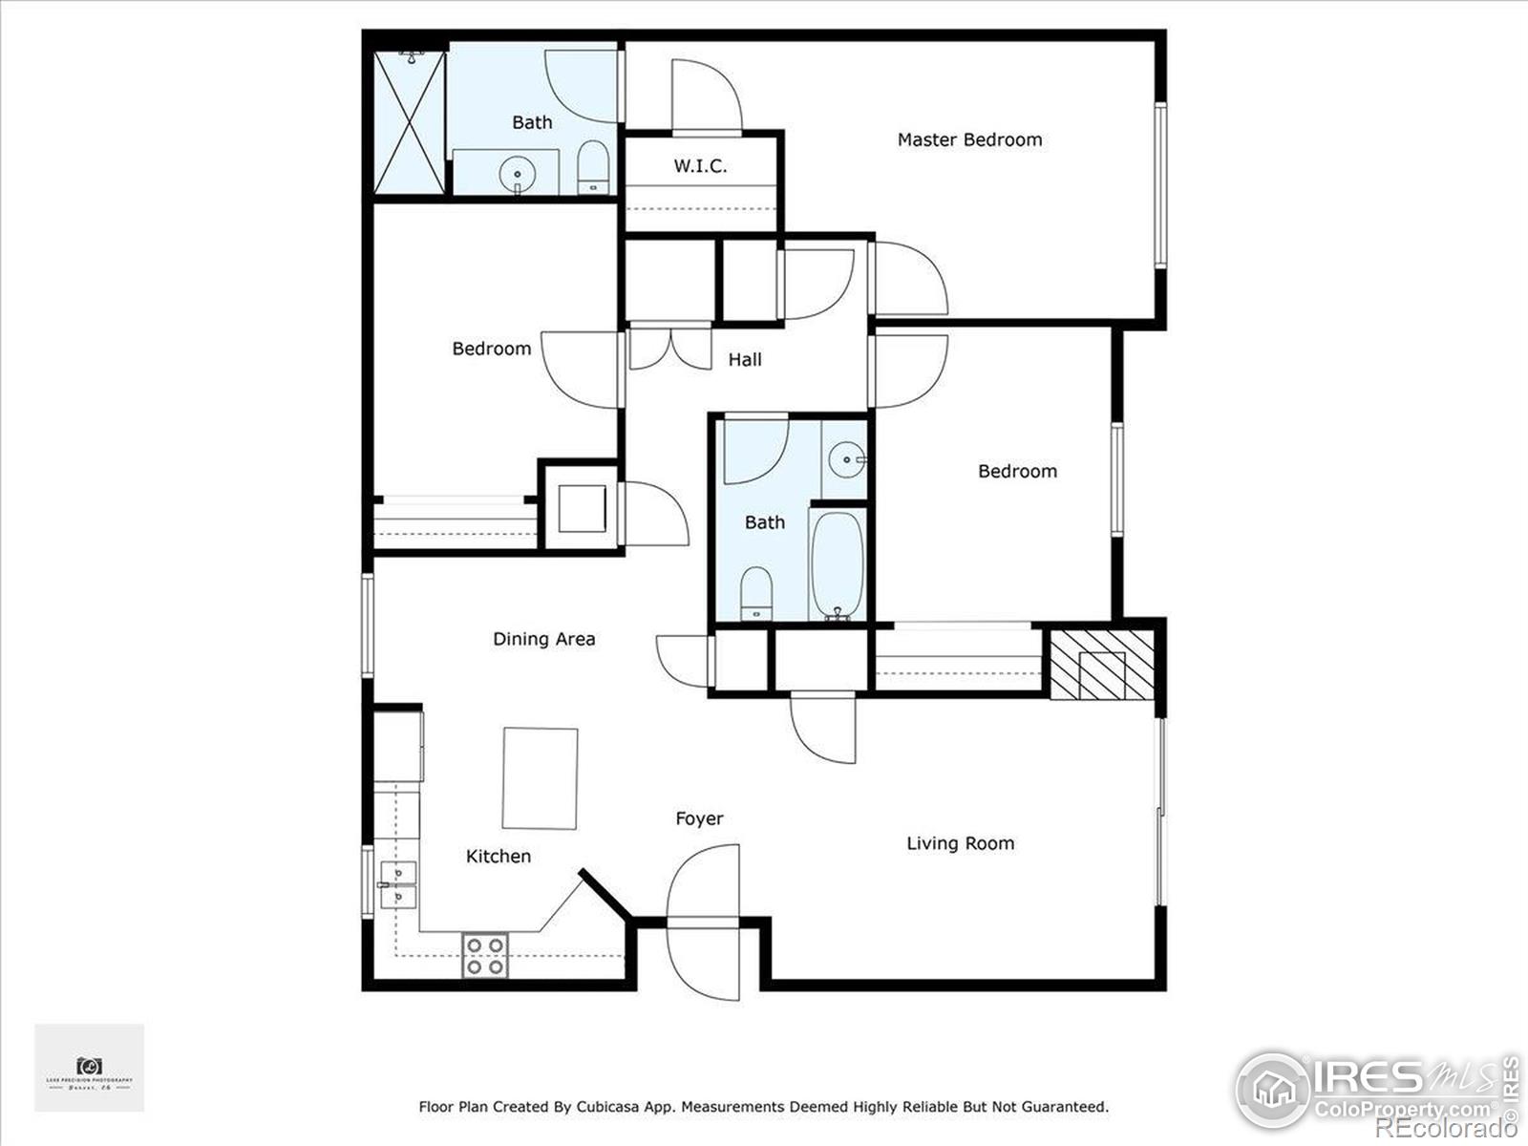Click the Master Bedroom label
click(969, 139)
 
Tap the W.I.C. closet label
click(700, 165)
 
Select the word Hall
click(745, 359)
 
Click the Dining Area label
click(543, 639)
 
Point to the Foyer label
click(699, 818)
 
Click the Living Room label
click(960, 843)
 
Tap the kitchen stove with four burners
click(485, 956)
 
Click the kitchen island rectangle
click(541, 778)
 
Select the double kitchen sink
click(397, 885)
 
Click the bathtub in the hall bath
click(838, 564)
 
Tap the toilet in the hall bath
click(756, 593)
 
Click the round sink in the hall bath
click(845, 460)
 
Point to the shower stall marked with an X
click(409, 122)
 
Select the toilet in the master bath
click(593, 168)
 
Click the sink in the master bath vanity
click(518, 174)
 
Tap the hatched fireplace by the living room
click(1101, 662)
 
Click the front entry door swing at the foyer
click(705, 922)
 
